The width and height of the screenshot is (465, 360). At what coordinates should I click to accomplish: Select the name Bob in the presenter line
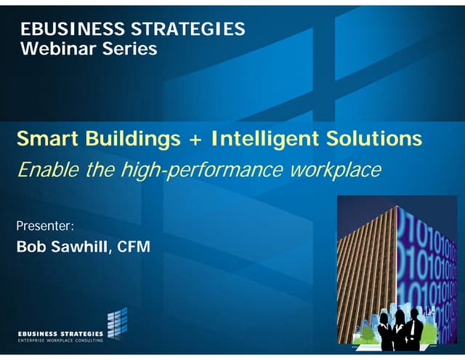pyautogui.click(x=30, y=247)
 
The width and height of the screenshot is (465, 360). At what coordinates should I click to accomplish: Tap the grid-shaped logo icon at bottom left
pyautogui.click(x=117, y=324)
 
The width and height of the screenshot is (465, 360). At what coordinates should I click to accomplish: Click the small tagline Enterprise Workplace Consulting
pyautogui.click(x=60, y=340)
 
